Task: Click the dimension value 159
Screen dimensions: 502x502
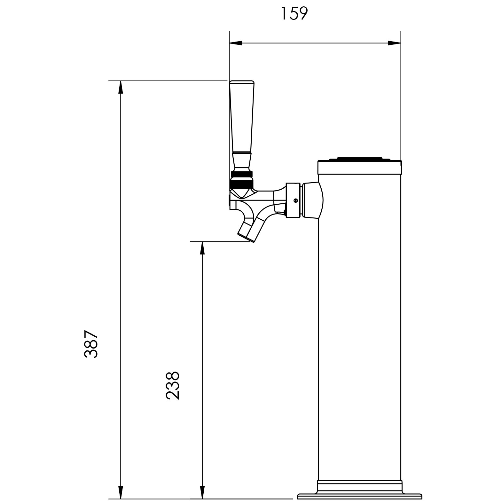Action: coord(294,14)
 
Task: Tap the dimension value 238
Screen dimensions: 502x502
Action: coord(173,385)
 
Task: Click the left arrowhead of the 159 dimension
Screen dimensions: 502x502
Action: coord(236,43)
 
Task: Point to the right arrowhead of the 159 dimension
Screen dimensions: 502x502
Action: coord(395,43)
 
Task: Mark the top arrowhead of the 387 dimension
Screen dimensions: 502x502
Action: coord(121,87)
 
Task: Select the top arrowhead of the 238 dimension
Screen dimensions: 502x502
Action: coord(202,248)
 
